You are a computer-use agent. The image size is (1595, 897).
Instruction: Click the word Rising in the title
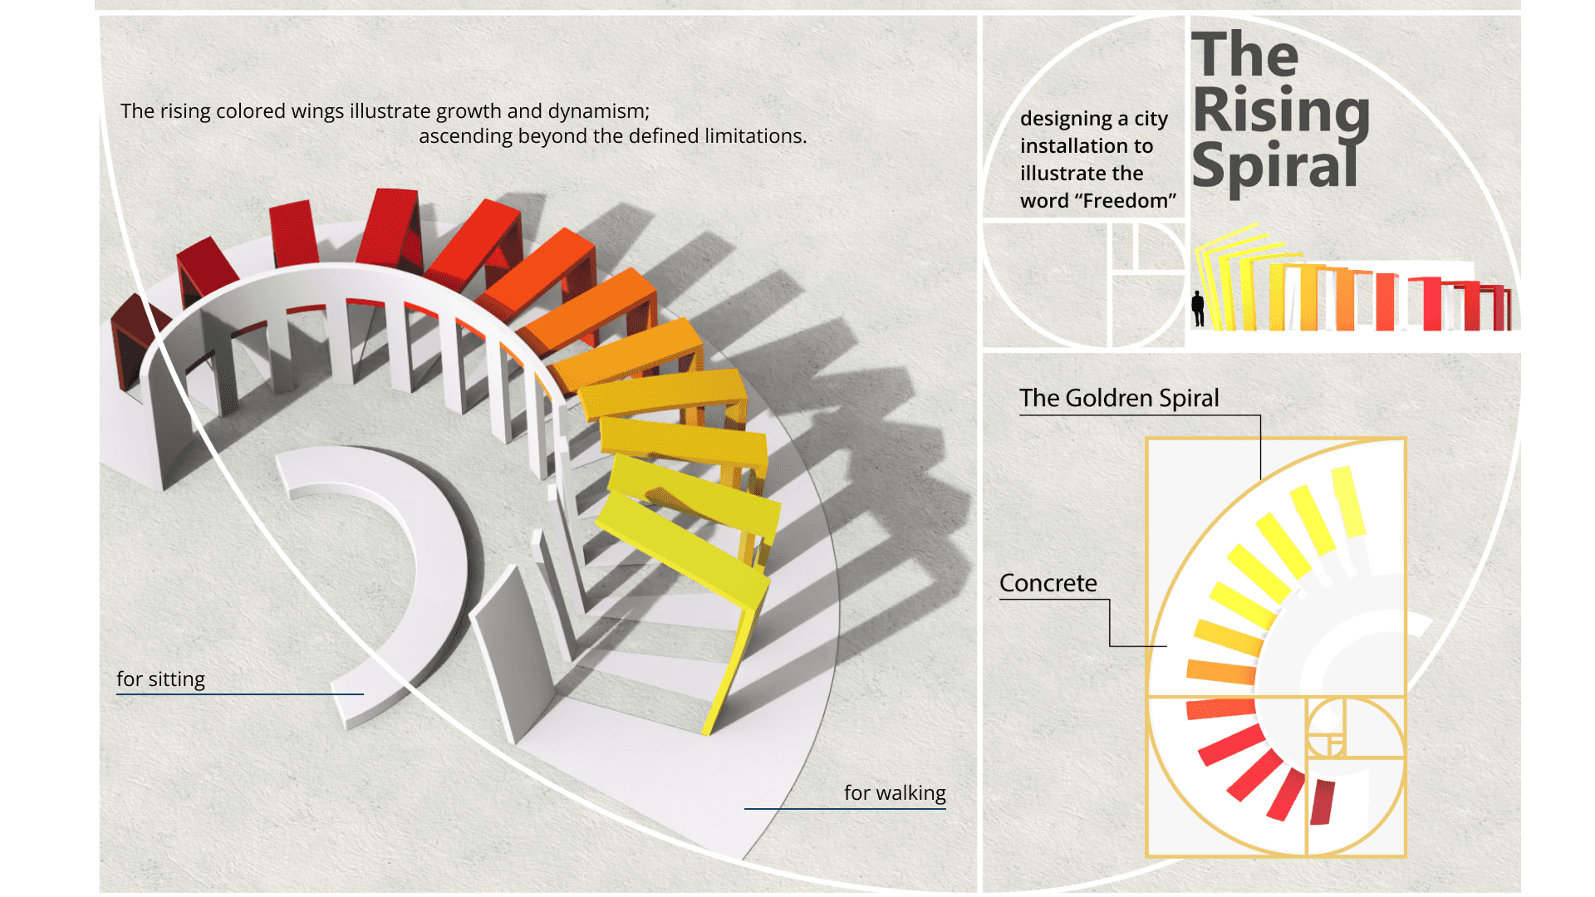click(1281, 110)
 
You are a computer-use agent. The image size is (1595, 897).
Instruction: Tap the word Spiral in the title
click(1274, 166)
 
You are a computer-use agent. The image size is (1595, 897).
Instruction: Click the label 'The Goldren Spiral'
click(1119, 399)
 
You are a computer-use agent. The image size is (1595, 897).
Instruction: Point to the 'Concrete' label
click(1048, 583)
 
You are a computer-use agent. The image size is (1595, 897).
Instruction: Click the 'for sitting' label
click(160, 679)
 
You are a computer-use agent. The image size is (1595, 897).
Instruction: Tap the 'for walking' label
click(895, 793)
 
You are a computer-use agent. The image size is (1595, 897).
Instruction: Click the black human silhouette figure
click(1197, 309)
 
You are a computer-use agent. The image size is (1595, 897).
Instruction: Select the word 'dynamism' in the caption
click(598, 111)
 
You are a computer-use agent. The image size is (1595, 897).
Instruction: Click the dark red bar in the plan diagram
click(1322, 802)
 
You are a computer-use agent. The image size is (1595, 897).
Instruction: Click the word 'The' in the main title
click(1244, 55)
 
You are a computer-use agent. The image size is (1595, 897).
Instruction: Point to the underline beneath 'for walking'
click(845, 808)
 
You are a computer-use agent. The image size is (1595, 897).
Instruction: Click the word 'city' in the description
click(1151, 119)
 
